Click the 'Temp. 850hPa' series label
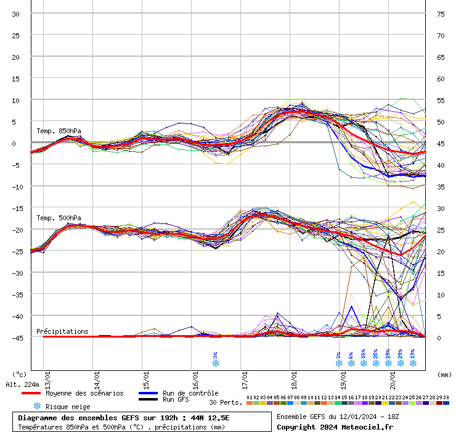coord(59,131)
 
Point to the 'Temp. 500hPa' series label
coord(59,218)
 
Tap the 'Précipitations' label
coord(62,331)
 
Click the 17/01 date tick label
coord(245,376)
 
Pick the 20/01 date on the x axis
coord(392,376)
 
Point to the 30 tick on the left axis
coord(15,14)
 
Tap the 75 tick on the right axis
coord(441,14)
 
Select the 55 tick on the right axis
coord(441,100)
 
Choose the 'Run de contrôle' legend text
coord(190,393)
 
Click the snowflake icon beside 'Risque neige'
coord(36,406)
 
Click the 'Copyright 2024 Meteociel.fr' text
coord(329,426)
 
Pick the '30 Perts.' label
coord(225,402)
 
